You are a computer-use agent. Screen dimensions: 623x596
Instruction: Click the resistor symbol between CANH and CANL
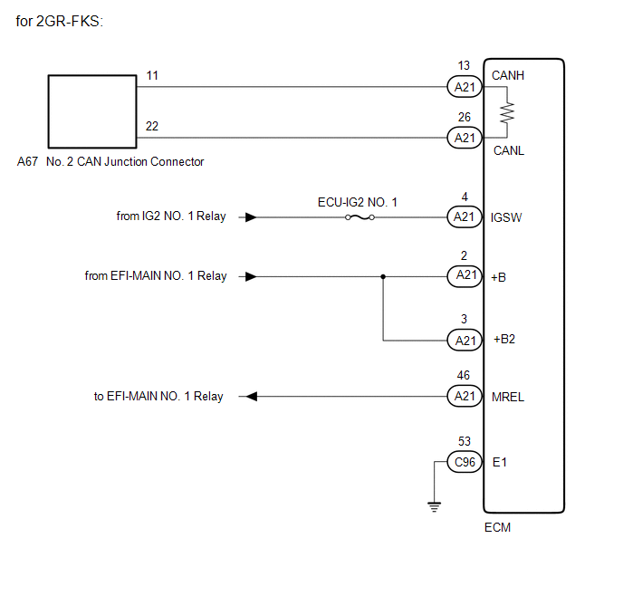pos(507,113)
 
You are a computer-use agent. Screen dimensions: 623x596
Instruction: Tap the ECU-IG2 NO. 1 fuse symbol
pos(359,217)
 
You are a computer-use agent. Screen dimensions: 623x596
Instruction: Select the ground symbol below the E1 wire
pos(435,507)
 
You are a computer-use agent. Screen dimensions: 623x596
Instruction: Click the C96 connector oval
pos(465,462)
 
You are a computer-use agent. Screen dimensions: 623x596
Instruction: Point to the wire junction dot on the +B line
pos(383,276)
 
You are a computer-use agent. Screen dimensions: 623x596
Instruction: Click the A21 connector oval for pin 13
pos(465,87)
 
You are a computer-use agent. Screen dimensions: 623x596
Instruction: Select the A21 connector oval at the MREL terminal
pos(465,396)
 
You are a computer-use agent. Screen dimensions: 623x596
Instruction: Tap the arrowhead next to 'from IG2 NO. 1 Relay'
pos(251,217)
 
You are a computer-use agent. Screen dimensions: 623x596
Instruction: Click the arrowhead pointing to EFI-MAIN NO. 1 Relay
pos(252,396)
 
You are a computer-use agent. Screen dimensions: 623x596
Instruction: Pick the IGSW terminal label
pos(506,217)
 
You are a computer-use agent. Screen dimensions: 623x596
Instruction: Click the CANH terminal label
pos(508,75)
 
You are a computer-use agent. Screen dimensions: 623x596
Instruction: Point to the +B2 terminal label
pos(504,339)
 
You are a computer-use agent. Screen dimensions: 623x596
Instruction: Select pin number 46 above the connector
pos(464,375)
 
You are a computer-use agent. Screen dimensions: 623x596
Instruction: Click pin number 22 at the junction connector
pos(152,126)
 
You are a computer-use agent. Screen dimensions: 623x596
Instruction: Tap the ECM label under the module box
pos(497,527)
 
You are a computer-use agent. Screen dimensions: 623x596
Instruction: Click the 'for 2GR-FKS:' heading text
pos(59,21)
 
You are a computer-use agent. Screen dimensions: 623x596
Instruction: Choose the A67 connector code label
pos(27,161)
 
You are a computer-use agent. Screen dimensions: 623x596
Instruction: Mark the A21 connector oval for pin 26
pos(465,138)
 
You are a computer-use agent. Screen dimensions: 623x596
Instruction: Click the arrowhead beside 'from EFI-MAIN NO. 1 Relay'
pos(251,276)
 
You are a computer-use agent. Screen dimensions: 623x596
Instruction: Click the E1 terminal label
pos(500,462)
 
